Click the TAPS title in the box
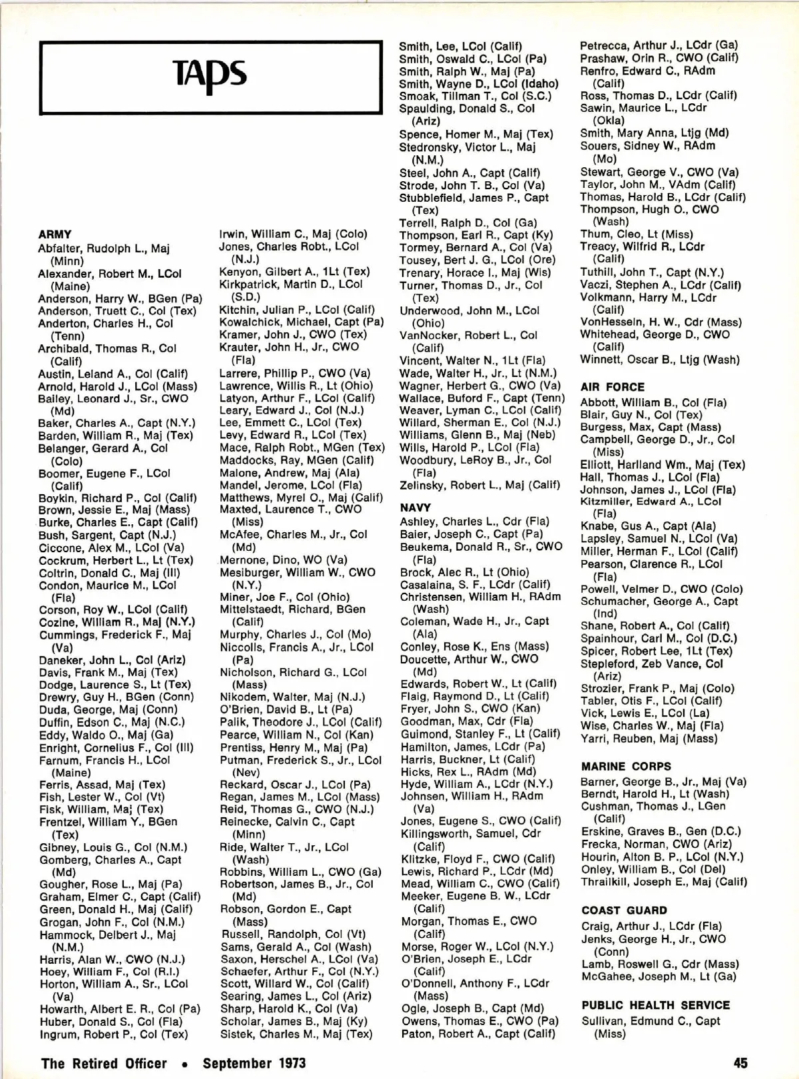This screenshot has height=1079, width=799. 210,74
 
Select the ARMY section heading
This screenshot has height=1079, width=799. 55,234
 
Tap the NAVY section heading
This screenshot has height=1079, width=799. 415,508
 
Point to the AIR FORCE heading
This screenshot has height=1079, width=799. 613,387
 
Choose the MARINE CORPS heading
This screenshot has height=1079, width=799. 626,767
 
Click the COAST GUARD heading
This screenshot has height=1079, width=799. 624,910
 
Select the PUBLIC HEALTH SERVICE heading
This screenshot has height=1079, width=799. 656,1005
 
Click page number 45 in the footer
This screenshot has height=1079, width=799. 741,1062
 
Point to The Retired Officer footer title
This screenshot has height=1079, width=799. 104,1062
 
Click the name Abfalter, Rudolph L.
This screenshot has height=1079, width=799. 103,248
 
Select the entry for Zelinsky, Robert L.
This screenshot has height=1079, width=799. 479,485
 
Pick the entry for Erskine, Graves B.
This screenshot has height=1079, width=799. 661,831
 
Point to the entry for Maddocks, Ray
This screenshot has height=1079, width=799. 296,460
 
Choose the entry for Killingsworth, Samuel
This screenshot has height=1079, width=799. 470,833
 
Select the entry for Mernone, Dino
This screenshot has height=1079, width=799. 284,559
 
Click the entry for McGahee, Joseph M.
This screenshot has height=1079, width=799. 658,977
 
